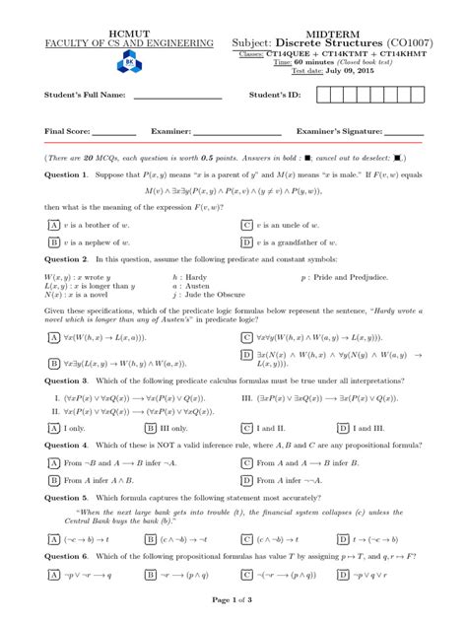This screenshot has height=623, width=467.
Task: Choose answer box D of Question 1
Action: click(246, 241)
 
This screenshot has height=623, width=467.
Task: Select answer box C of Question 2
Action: click(246, 337)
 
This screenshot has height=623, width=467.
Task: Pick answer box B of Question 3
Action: click(150, 428)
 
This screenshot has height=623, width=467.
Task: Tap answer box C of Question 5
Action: click(246, 540)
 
